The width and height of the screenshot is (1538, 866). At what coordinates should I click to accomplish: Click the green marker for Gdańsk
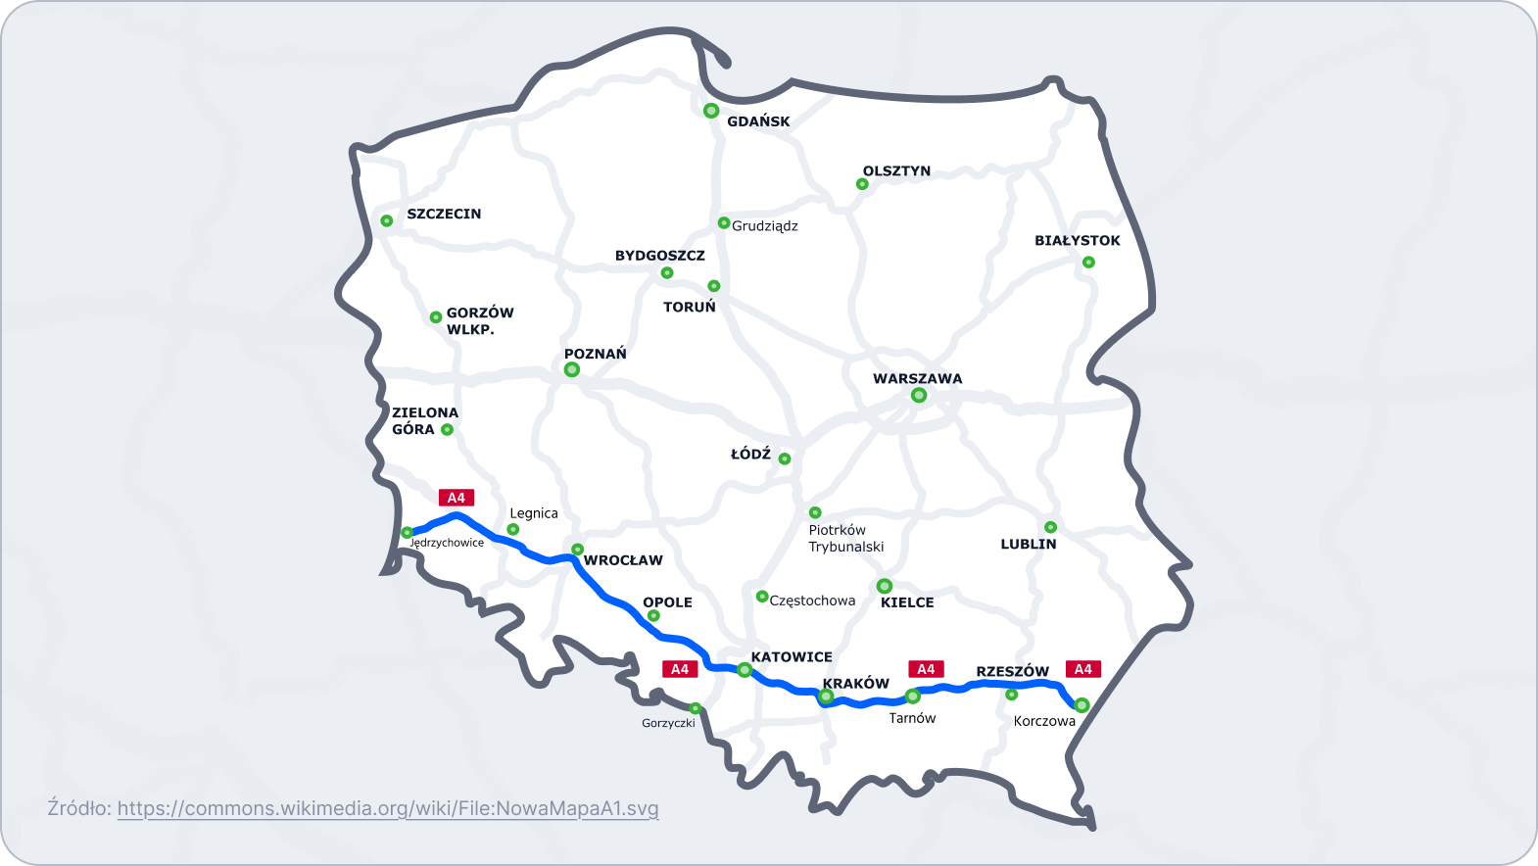tap(711, 111)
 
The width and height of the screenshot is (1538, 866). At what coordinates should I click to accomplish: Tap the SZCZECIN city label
tap(444, 214)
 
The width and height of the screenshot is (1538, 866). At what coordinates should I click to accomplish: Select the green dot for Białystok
tap(1088, 263)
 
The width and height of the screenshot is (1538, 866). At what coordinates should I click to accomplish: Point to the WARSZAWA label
tap(918, 379)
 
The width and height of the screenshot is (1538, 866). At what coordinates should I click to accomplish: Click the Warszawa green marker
tap(919, 396)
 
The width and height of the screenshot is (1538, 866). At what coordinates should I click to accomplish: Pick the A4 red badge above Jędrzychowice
tap(457, 498)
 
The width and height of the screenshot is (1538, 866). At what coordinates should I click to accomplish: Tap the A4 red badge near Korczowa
tap(1083, 669)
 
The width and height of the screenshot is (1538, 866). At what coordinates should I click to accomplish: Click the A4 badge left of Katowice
tap(680, 669)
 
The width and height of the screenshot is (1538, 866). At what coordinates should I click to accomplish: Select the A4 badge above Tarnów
tap(926, 669)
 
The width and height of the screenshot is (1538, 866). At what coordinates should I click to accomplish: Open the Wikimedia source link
tap(388, 809)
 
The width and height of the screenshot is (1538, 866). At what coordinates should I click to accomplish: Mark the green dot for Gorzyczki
tap(696, 708)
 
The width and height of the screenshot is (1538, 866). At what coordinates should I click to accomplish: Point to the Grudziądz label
tap(765, 226)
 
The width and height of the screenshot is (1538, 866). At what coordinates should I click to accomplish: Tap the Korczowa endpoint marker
tap(1082, 705)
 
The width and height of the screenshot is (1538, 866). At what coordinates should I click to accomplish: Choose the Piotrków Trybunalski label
tap(845, 539)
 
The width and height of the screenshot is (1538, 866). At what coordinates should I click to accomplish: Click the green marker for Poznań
tap(572, 369)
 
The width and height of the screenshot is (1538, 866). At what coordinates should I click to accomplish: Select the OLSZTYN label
tap(896, 171)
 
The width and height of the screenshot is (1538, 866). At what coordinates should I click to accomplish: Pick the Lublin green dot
tap(1050, 527)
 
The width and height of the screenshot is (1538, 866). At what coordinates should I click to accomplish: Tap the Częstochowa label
tap(812, 601)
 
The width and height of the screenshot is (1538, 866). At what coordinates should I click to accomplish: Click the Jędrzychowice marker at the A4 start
tap(407, 533)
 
